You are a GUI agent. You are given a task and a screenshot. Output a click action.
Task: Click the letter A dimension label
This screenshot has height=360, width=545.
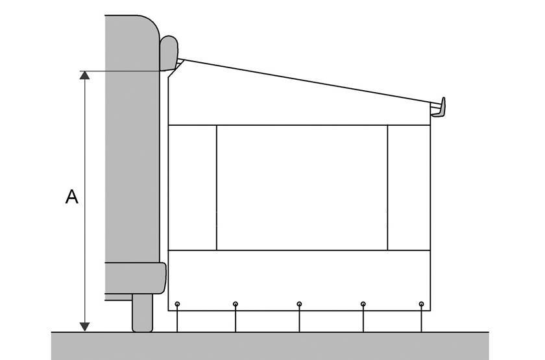[x=71, y=197]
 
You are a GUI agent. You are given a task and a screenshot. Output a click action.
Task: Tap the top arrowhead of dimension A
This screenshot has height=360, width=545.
[x=84, y=75]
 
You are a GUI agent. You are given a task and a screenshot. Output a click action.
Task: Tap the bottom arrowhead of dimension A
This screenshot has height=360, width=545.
[x=84, y=327]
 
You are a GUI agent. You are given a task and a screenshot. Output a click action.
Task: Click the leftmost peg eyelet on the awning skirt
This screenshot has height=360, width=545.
[x=177, y=304]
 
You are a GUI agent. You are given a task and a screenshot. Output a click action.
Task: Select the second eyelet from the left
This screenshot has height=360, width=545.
[x=236, y=304]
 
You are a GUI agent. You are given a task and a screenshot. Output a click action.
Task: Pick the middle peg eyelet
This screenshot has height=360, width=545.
[x=299, y=304]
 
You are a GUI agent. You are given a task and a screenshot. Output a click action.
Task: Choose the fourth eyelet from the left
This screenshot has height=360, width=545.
[x=363, y=304]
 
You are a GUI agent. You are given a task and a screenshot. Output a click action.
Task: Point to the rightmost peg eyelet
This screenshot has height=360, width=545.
[x=421, y=304]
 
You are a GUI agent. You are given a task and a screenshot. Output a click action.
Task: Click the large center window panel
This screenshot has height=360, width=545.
[x=302, y=187]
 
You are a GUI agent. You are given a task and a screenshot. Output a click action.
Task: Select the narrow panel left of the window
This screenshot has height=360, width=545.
[x=193, y=187]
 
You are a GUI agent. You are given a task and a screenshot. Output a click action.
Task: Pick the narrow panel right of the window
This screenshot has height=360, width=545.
[x=409, y=187]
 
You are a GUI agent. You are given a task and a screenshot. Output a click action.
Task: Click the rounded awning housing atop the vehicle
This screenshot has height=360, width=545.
[x=169, y=53]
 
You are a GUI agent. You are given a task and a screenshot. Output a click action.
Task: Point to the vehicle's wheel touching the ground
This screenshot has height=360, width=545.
[x=142, y=313]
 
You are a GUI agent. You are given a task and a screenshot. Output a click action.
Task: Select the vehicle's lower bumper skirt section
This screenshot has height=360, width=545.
[x=135, y=278]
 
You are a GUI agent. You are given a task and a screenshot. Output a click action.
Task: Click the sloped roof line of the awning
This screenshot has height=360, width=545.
[x=308, y=81]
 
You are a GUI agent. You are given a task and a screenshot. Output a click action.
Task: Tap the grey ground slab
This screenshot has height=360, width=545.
[x=270, y=346]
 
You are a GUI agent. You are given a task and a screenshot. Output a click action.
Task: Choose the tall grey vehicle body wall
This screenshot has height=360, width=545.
[x=132, y=139]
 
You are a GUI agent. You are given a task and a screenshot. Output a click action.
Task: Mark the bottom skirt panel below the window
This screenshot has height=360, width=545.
[x=299, y=280]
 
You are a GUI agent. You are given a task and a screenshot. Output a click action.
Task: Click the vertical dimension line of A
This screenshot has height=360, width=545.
[x=84, y=201]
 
